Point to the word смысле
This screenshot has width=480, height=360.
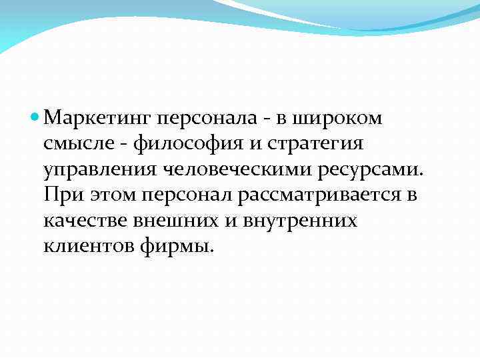click(75, 144)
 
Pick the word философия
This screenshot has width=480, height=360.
click(181, 144)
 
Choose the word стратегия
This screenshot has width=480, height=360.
click(309, 144)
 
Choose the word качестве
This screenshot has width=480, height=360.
click(84, 220)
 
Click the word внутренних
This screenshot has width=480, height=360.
click(299, 220)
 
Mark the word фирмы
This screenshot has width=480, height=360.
click(177, 245)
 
